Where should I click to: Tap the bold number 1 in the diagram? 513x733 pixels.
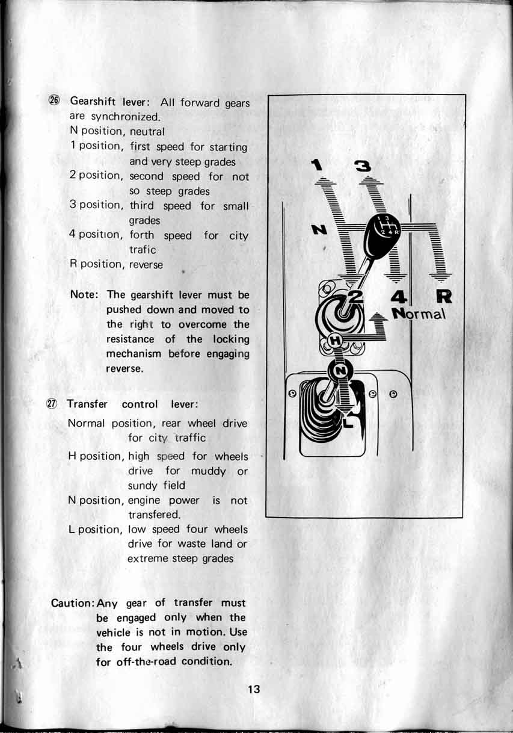[318, 164]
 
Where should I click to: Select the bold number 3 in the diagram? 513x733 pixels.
[364, 166]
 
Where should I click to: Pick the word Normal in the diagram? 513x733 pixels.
[419, 314]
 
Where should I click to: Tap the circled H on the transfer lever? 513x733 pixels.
[336, 341]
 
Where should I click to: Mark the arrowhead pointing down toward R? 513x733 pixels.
[442, 277]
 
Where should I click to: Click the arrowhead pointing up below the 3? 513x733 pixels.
[370, 179]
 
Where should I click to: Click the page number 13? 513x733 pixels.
[254, 690]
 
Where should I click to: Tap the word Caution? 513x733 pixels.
[73, 603]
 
